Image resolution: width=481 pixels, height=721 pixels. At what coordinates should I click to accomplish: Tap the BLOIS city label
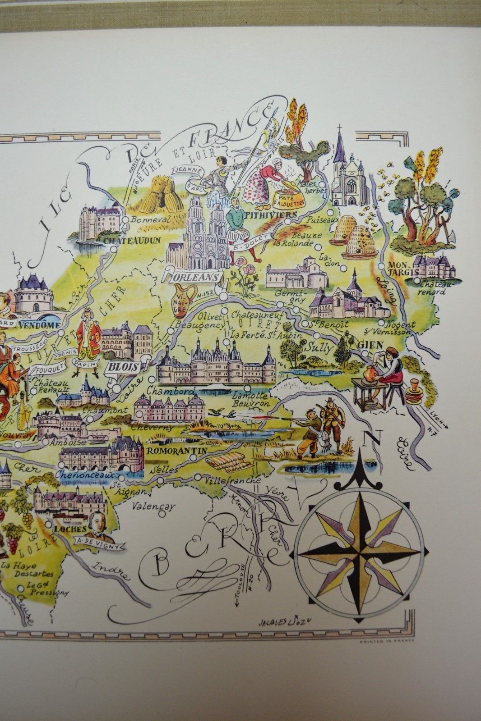122,366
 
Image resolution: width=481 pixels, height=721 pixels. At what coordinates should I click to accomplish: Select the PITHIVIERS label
270,215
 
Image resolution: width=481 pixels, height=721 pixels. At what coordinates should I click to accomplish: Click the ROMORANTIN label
177,450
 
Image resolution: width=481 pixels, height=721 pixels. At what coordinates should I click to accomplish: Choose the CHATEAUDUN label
131,241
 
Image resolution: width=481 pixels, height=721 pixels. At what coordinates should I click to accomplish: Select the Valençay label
153,506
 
